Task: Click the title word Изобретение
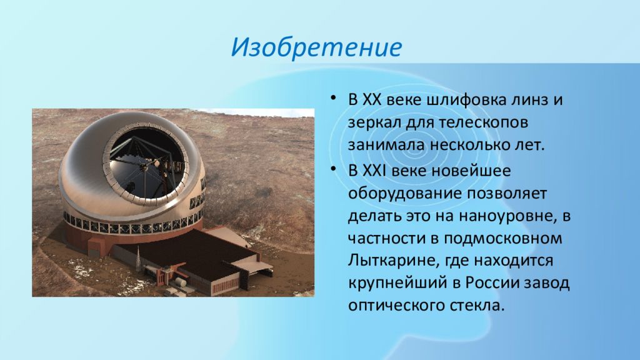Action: [x=316, y=47]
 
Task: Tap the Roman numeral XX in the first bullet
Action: [x=371, y=100]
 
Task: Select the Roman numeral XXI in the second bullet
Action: [x=374, y=170]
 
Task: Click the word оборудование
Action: [x=404, y=194]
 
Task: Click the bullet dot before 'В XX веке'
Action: [x=334, y=98]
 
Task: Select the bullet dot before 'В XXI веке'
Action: [x=334, y=168]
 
